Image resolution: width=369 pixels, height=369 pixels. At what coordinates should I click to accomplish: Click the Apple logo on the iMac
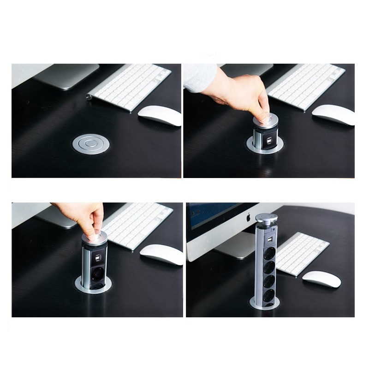click(x=248, y=216)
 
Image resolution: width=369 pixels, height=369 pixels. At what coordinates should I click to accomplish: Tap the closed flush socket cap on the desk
click(x=90, y=144)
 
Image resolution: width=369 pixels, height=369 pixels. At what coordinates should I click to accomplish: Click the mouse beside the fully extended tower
click(x=321, y=279)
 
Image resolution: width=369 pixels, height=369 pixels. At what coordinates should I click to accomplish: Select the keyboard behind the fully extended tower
click(x=302, y=253)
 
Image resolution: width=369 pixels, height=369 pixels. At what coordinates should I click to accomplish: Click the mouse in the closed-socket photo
click(x=160, y=115)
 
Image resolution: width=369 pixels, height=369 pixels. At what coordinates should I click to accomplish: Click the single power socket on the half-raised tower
click(x=94, y=275)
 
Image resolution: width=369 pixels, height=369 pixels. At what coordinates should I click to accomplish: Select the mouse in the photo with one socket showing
click(x=161, y=254)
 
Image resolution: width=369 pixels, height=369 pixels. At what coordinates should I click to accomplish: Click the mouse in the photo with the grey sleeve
click(x=333, y=114)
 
